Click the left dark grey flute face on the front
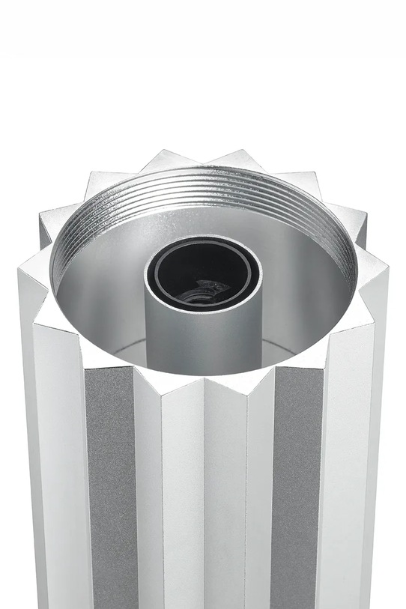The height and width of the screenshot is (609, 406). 109,487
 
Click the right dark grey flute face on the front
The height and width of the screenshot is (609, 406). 296,487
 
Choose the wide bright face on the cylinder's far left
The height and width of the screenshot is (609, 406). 60,487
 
